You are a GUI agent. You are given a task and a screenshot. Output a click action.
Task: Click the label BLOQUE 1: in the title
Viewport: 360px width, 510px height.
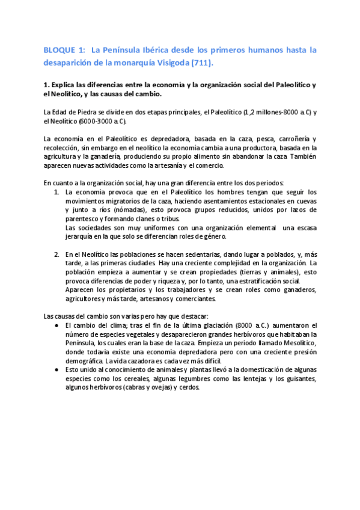coord(63,51)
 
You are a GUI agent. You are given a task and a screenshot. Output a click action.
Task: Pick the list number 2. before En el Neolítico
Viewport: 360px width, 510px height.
coord(56,254)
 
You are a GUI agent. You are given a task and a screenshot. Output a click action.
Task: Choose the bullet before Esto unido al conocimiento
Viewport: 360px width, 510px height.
coord(56,370)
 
